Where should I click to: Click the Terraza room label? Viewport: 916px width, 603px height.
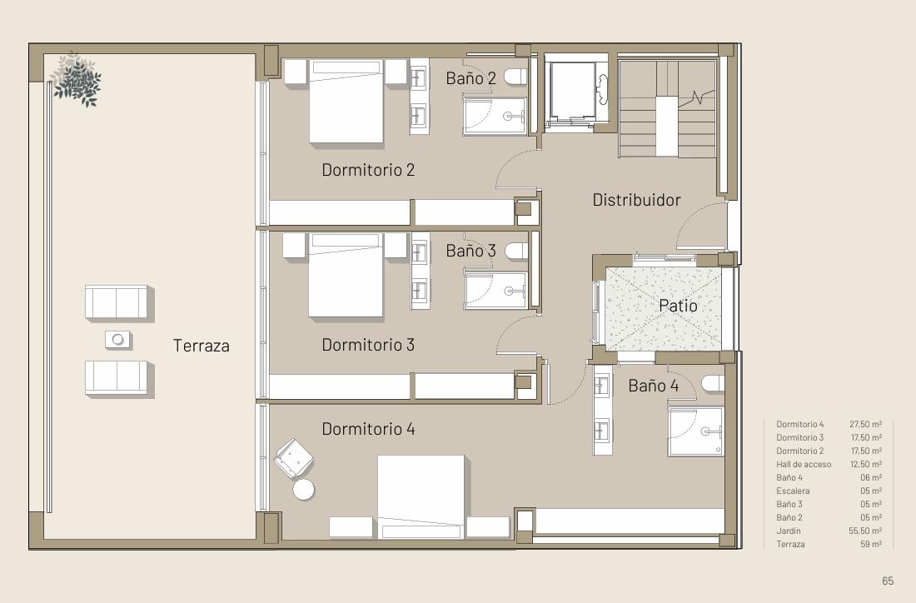(x=201, y=346)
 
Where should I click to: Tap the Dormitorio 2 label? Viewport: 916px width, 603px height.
(x=368, y=169)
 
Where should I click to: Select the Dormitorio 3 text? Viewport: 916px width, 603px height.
(x=368, y=344)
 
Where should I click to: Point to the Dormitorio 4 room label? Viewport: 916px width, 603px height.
(x=368, y=429)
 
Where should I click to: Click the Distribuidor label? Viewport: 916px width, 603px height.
(x=637, y=200)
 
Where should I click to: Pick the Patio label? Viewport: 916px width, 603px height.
(x=678, y=305)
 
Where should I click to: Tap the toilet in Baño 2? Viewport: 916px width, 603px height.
(x=516, y=77)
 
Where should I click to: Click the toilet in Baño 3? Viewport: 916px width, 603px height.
(x=516, y=252)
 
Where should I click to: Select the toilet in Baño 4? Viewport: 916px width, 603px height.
(x=714, y=383)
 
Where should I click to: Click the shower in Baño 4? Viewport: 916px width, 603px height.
(x=696, y=431)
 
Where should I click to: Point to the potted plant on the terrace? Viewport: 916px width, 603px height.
(x=76, y=79)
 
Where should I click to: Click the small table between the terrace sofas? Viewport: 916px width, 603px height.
(x=118, y=340)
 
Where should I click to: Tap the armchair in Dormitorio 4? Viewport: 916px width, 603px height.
(x=294, y=458)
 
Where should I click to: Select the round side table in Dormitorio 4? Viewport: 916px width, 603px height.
(x=304, y=489)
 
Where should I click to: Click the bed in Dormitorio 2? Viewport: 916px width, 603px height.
(x=346, y=101)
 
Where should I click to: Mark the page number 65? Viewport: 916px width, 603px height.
(x=888, y=581)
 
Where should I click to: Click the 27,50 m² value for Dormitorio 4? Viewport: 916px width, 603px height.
(x=865, y=424)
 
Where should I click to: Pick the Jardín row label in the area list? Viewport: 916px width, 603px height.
(x=789, y=531)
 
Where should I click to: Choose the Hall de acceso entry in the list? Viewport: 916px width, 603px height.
(x=804, y=464)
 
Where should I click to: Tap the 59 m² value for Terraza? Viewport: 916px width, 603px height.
(x=871, y=544)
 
